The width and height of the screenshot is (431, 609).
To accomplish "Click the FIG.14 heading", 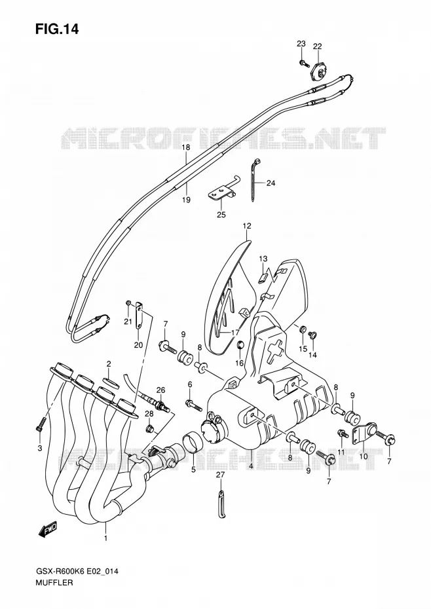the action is tap(57, 29).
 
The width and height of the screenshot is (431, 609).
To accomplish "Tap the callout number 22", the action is tap(318, 46).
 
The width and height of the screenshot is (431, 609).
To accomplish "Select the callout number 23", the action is tap(301, 43).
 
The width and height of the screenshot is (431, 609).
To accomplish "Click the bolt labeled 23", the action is tap(303, 63).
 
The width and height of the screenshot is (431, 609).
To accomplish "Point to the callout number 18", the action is tap(186, 147).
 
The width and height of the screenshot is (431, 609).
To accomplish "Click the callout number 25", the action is tap(221, 214).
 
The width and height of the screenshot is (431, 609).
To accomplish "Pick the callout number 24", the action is tap(271, 183).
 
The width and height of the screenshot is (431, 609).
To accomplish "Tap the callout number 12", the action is tap(247, 226).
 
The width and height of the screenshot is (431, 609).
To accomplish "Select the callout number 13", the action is tap(263, 259).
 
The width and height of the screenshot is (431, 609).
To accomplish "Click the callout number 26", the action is tap(161, 390).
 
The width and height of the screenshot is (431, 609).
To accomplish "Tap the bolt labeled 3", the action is tap(41, 424).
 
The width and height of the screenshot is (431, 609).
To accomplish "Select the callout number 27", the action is tap(221, 474).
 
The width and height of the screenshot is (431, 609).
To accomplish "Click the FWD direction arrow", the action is tap(48, 529).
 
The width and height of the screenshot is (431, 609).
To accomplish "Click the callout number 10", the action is tap(363, 456).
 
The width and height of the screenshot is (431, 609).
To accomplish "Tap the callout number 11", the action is tap(341, 452).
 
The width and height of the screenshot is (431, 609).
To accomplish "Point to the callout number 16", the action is tap(239, 363).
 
